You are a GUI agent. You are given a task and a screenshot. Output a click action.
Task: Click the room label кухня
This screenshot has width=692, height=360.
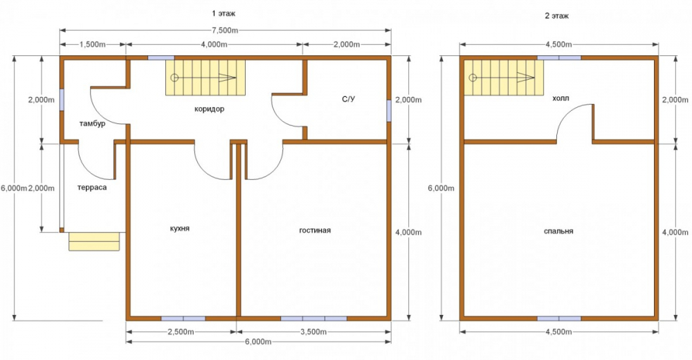pyautogui.click(x=180, y=228)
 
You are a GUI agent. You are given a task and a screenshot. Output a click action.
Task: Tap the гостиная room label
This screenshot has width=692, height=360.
pyautogui.click(x=315, y=230)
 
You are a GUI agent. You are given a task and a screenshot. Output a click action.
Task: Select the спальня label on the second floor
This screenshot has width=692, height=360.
pyautogui.click(x=558, y=231)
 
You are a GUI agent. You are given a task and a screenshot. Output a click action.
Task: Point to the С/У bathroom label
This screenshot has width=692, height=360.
pyautogui.click(x=348, y=99)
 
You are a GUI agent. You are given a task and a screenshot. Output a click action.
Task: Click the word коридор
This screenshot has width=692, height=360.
pyautogui.click(x=209, y=109)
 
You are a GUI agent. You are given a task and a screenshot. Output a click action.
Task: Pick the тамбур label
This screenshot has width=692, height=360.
pyautogui.click(x=92, y=124)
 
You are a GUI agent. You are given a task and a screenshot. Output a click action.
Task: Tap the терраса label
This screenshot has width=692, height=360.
pyautogui.click(x=92, y=188)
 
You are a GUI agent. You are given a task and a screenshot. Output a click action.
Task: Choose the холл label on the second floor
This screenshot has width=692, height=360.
pyautogui.click(x=561, y=98)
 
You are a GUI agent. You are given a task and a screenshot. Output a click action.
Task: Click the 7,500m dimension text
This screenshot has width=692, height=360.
pyautogui.click(x=225, y=30)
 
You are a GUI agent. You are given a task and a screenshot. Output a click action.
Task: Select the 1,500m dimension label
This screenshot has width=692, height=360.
pyautogui.click(x=93, y=44)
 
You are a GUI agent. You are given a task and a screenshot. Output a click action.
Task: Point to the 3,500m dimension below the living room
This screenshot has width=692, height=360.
pyautogui.click(x=313, y=332)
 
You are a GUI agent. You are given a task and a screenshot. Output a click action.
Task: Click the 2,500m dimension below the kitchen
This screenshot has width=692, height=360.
pyautogui.click(x=181, y=332)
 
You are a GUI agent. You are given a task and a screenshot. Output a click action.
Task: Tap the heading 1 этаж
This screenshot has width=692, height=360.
pyautogui.click(x=224, y=14)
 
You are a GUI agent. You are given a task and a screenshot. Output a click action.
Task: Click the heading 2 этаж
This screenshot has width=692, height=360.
pyautogui.click(x=557, y=16)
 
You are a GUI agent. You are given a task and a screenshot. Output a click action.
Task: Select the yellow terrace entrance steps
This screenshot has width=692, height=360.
pyautogui.click(x=94, y=242)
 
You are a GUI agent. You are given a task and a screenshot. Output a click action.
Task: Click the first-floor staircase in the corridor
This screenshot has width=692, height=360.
pyautogui.click(x=206, y=78)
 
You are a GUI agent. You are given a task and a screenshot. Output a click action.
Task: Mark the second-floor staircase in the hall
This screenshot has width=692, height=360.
pyautogui.click(x=504, y=78)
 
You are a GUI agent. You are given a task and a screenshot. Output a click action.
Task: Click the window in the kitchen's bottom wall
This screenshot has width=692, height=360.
pyautogui.click(x=183, y=318)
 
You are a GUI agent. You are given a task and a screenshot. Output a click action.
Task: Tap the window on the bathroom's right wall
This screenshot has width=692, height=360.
pyautogui.click(x=389, y=111)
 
